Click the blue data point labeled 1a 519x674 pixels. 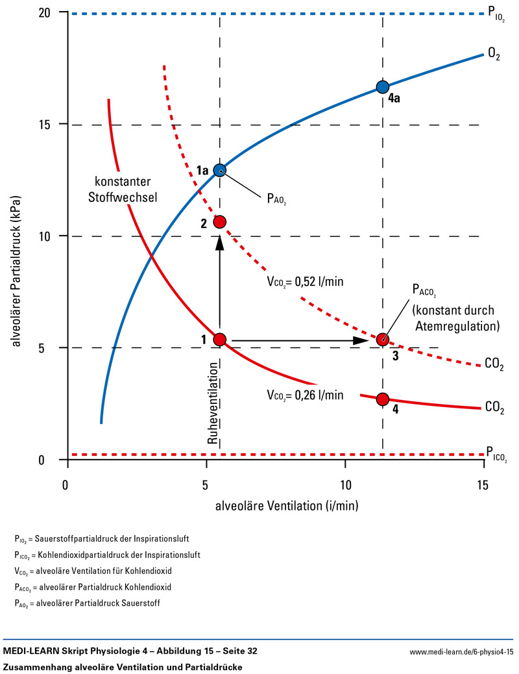(220, 171)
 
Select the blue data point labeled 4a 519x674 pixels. (383, 87)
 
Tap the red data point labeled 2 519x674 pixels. (220, 222)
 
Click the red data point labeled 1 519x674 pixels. (220, 339)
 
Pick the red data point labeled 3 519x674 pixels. (383, 339)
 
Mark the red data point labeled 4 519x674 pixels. (383, 399)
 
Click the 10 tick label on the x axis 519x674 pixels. (345, 485)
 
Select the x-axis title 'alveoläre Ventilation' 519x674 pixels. (277, 505)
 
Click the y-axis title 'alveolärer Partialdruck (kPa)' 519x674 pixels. (16, 236)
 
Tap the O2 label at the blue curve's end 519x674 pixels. (494, 53)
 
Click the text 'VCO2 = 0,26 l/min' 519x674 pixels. (304, 394)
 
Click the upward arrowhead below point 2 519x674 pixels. (220, 241)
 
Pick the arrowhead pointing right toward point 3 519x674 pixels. (363, 340)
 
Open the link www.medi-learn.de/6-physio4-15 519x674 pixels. (461, 651)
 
